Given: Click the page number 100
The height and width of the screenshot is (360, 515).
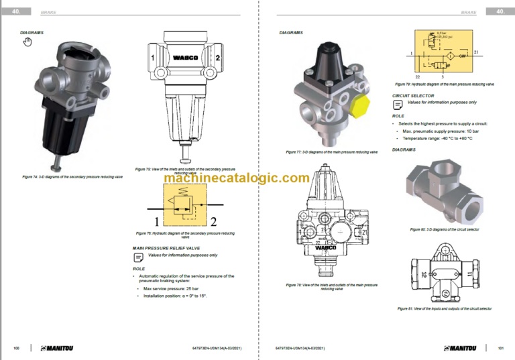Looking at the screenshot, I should click(16, 348).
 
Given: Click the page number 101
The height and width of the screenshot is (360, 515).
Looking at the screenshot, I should click(500, 348).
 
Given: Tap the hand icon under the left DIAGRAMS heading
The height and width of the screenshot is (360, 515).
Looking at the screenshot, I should click(27, 42).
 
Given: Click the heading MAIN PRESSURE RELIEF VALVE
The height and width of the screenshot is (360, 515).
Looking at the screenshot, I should click(166, 248).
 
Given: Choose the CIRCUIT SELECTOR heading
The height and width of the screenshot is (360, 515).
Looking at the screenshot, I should click(413, 96).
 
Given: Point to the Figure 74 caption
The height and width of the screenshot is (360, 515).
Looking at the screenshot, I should click(72, 177).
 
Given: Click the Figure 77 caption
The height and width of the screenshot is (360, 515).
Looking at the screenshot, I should click(331, 152).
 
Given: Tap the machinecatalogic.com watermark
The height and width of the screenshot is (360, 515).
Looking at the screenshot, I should click(227, 178).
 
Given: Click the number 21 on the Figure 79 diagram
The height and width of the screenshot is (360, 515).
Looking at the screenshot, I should click(476, 52).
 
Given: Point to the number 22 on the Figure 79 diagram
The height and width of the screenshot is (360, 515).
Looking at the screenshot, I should click(417, 77).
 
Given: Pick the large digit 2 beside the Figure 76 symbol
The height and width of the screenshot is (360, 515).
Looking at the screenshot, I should click(214, 221).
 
